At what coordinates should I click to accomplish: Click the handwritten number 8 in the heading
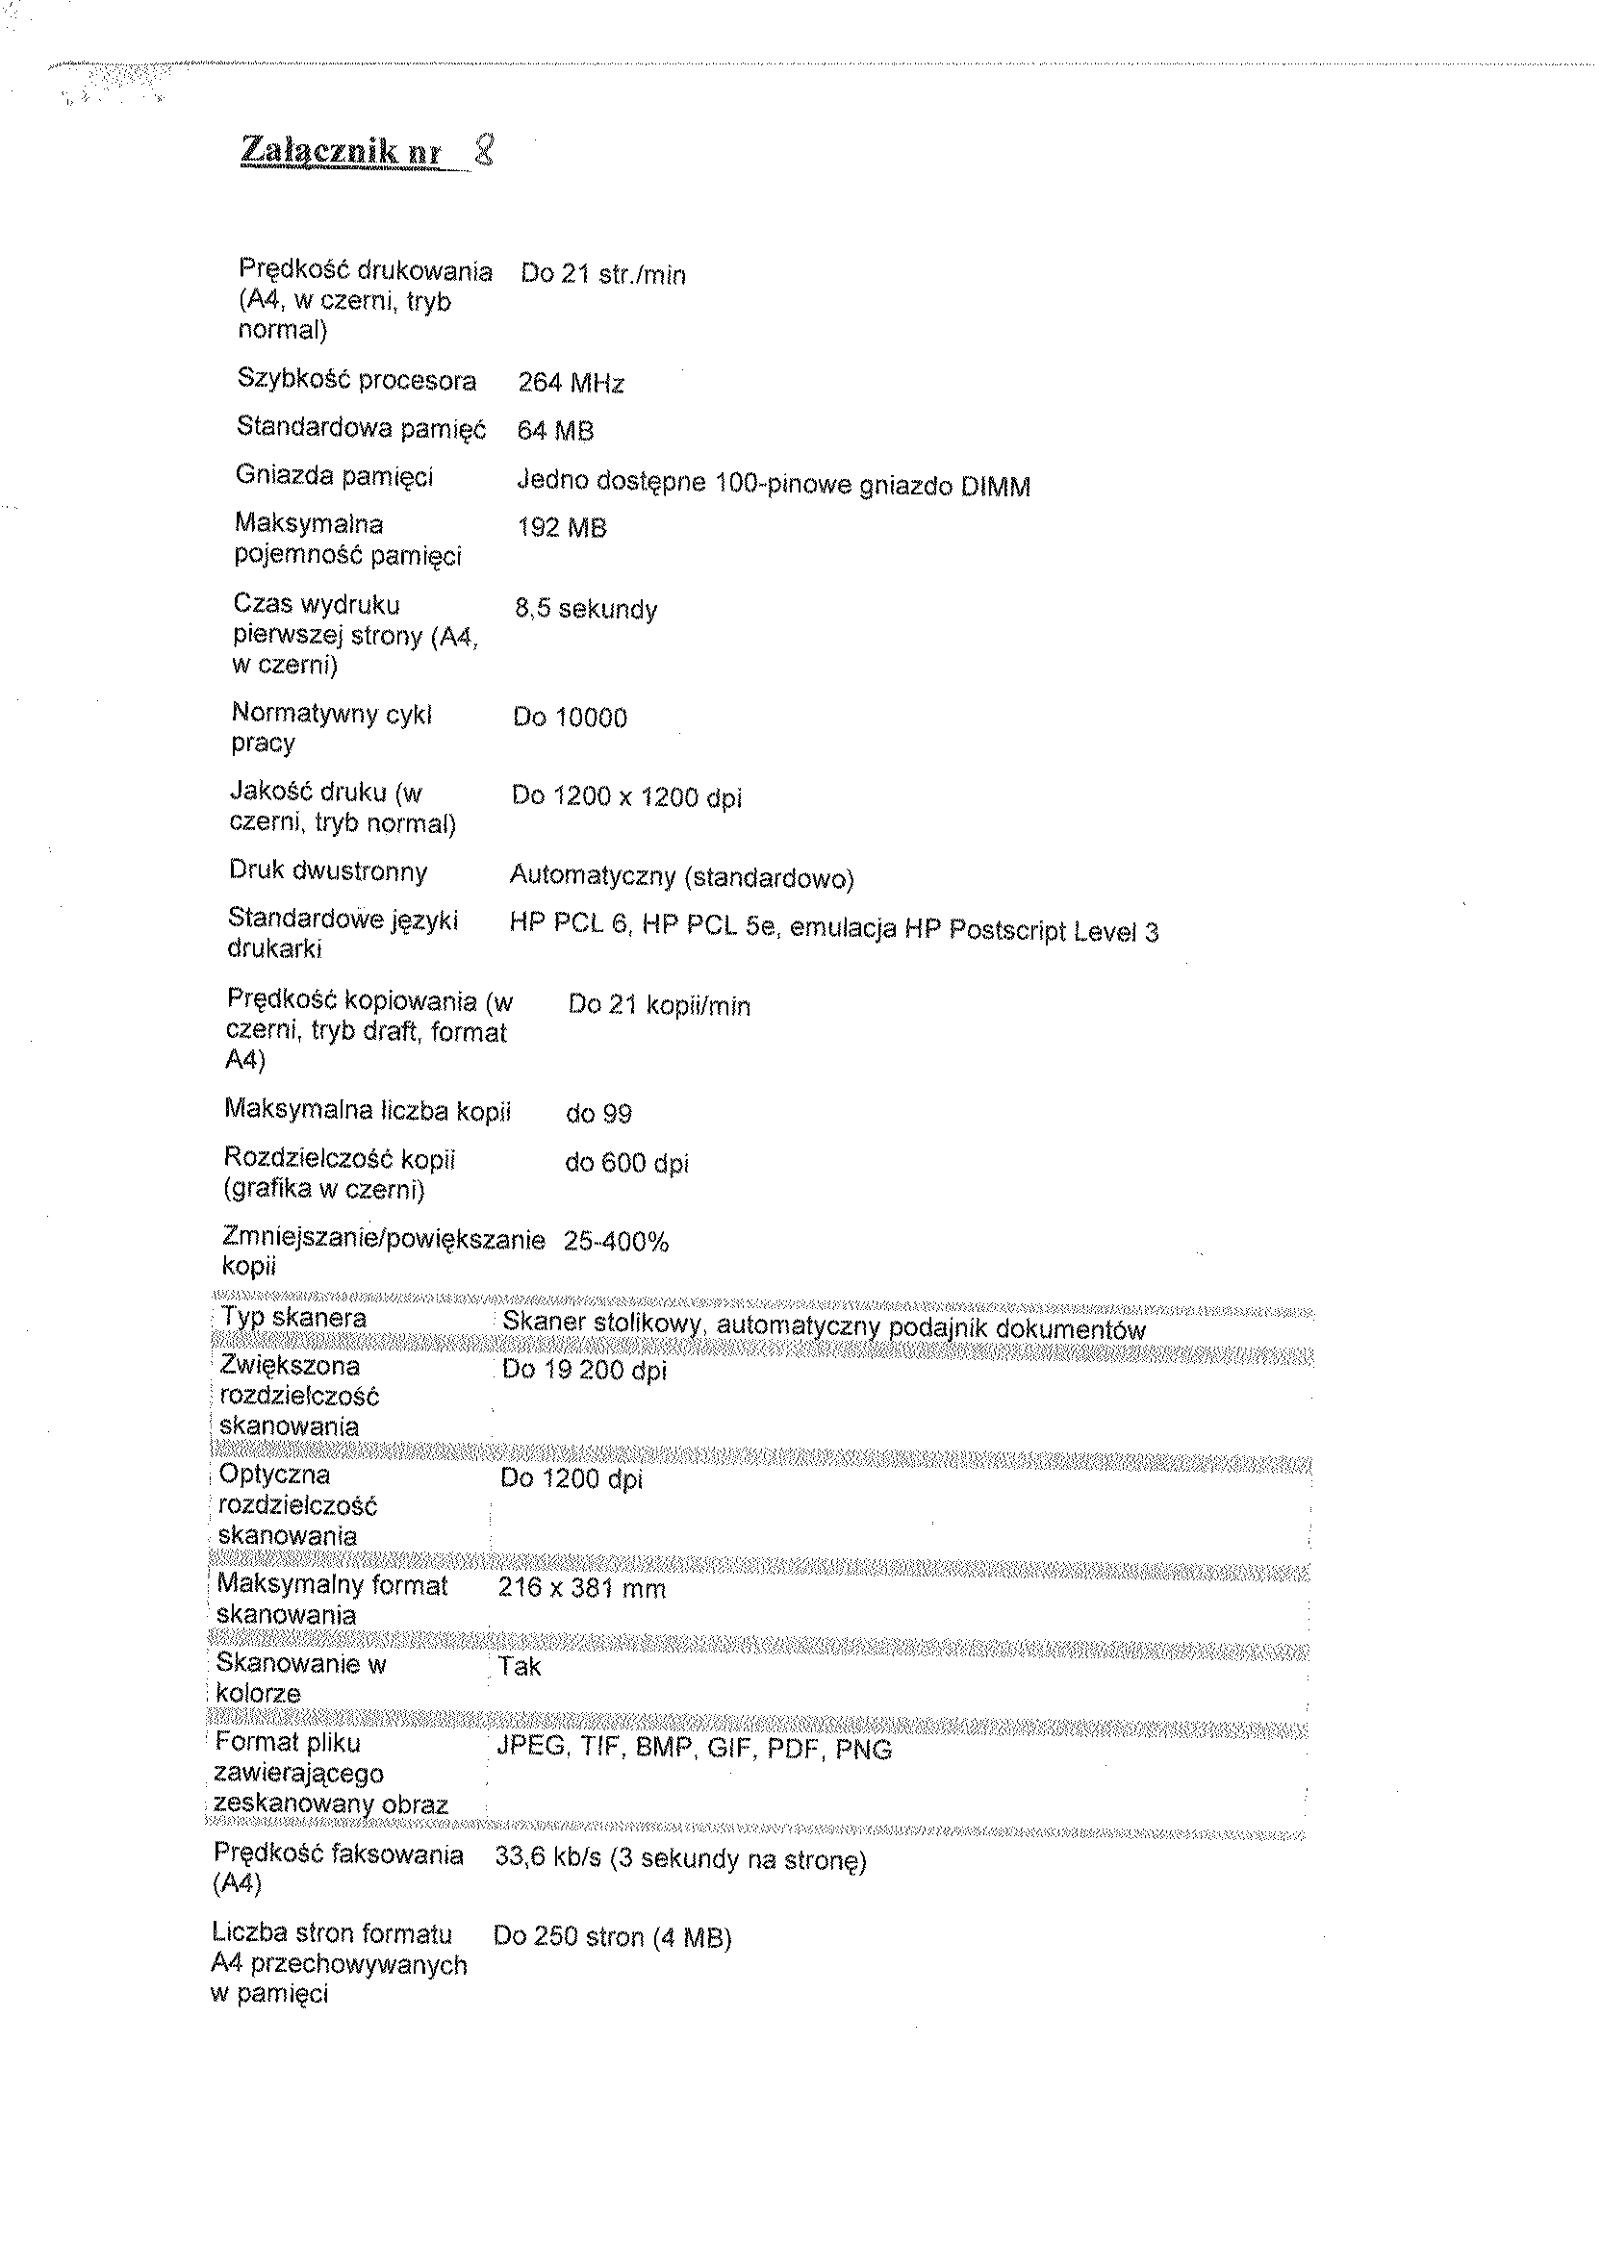483,152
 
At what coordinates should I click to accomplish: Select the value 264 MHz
571,384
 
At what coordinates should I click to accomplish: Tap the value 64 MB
555,431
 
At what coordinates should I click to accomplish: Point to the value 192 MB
562,528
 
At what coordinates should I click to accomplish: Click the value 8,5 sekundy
586,609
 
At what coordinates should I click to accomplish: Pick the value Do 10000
570,718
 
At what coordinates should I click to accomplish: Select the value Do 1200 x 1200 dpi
626,797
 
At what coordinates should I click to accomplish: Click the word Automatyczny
591,876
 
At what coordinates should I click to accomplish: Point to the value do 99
598,1114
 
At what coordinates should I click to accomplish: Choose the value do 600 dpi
626,1163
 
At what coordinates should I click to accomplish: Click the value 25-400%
616,1242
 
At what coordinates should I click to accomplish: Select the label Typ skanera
292,1318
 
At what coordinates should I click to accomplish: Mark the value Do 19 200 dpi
584,1370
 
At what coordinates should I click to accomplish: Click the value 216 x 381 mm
582,1589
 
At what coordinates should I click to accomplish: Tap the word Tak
520,1667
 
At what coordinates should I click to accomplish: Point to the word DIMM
995,487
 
